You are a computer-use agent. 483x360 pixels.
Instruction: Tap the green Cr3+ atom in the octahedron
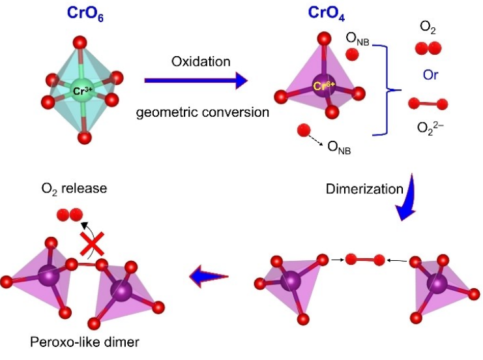pos(84,91)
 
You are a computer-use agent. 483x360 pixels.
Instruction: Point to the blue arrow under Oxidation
pos(196,80)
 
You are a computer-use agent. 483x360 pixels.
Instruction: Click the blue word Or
pos(432,75)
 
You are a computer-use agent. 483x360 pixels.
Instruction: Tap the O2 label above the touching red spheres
pos(430,25)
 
